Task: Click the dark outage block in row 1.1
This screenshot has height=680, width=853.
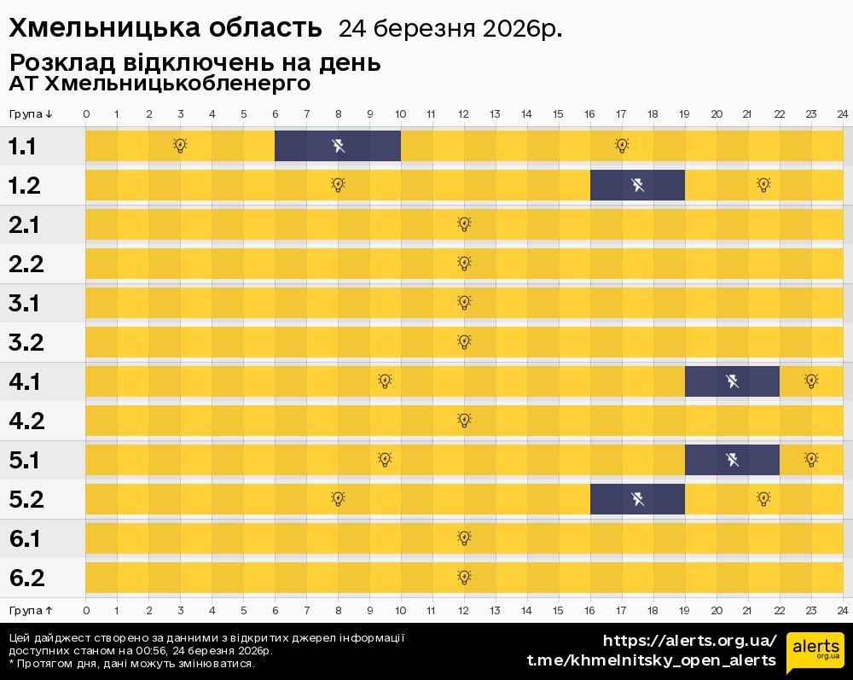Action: pyautogui.click(x=338, y=146)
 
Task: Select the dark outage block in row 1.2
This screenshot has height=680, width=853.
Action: pyautogui.click(x=637, y=185)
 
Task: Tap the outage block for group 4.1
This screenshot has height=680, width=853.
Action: pyautogui.click(x=732, y=381)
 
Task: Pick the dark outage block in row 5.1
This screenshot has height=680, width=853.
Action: pyautogui.click(x=732, y=460)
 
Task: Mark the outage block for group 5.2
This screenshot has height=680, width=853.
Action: pyautogui.click(x=637, y=499)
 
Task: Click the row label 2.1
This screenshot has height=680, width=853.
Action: pyautogui.click(x=26, y=225)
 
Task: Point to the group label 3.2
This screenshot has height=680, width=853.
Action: pyautogui.click(x=26, y=343)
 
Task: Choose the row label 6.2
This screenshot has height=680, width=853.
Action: pyautogui.click(x=26, y=578)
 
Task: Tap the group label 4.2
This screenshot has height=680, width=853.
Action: pyautogui.click(x=26, y=421)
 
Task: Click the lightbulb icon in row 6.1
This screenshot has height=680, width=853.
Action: pyautogui.click(x=464, y=538)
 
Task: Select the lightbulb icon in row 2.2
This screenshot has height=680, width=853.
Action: pyautogui.click(x=464, y=264)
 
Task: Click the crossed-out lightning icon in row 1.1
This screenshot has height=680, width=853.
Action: pyautogui.click(x=338, y=146)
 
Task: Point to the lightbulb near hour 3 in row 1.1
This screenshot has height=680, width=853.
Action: pyautogui.click(x=180, y=146)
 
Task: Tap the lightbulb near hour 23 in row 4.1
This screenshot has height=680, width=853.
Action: pyautogui.click(x=811, y=381)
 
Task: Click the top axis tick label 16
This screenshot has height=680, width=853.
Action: pyautogui.click(x=590, y=114)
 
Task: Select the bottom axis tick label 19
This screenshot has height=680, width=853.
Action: pyautogui.click(x=685, y=610)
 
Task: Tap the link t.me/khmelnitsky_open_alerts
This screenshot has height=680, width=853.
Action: pyautogui.click(x=652, y=660)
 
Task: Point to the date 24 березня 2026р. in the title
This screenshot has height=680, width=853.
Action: pyautogui.click(x=450, y=29)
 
